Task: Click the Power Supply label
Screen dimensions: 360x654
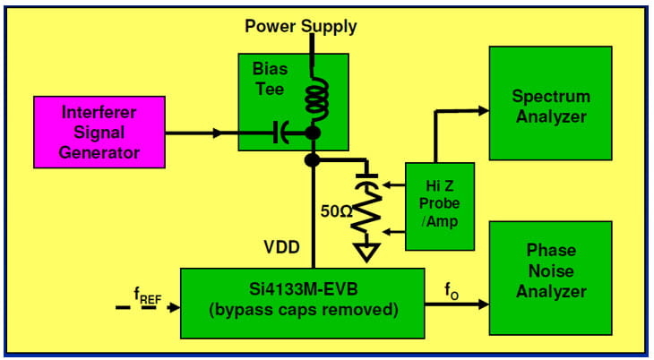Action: point(301,26)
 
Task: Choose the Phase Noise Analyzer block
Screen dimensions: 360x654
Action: point(549,270)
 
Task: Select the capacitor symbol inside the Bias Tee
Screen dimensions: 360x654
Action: point(282,133)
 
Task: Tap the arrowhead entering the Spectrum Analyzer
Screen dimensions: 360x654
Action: point(483,110)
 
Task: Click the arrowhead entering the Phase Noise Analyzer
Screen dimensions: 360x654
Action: point(483,304)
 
